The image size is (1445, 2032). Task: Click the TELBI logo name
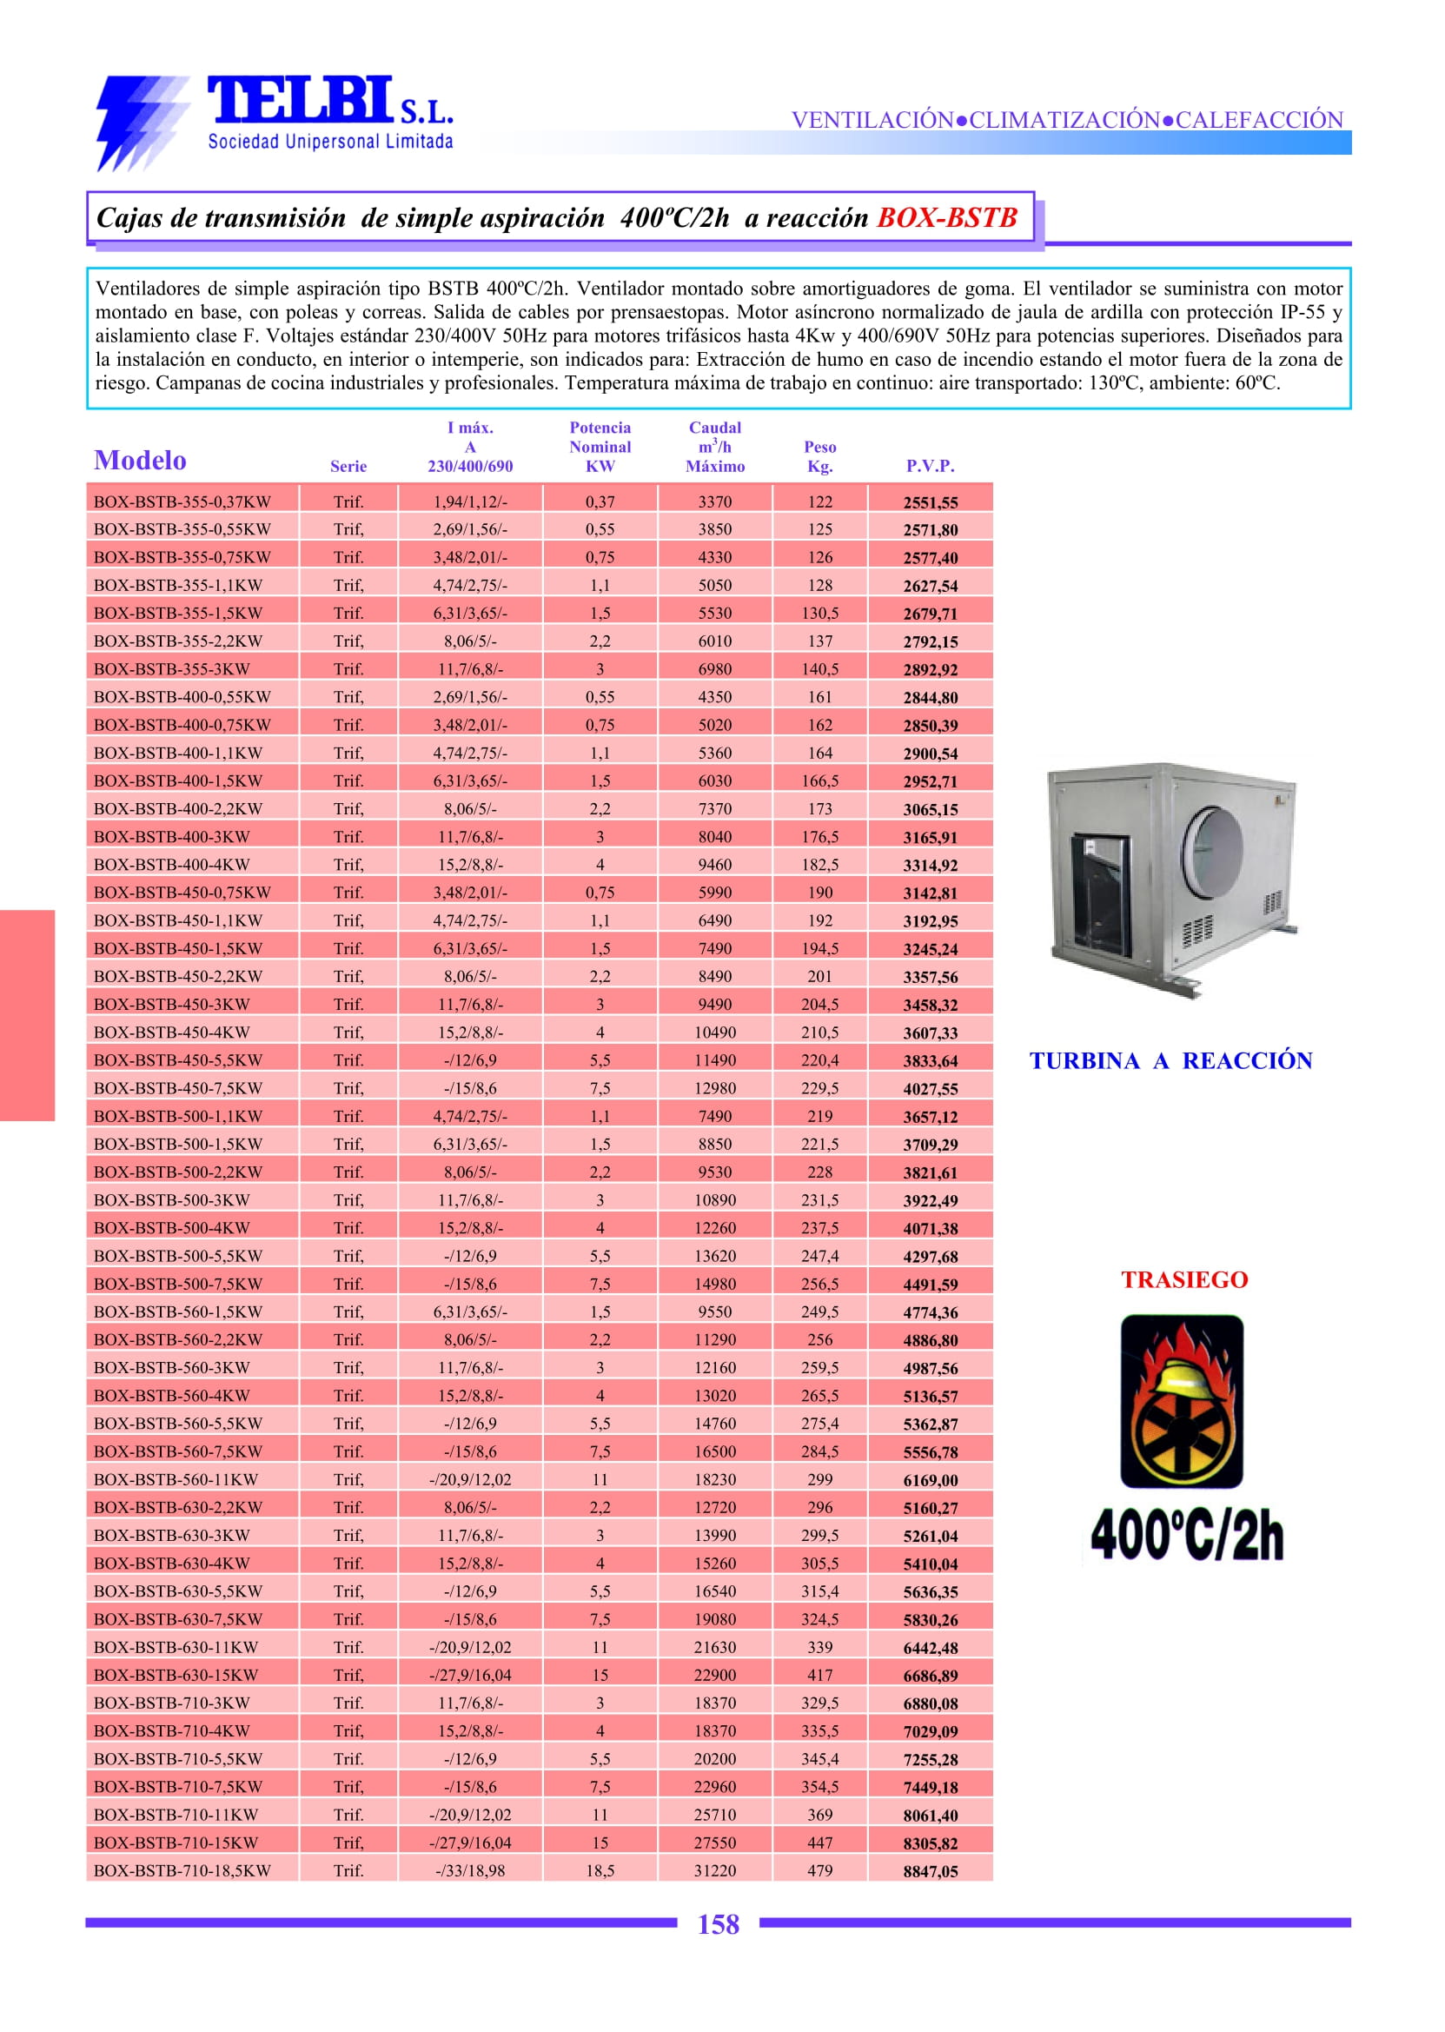coord(298,100)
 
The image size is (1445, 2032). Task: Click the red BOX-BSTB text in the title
coord(947,218)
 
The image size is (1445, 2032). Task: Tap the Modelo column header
coord(141,461)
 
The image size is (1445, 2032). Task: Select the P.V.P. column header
coord(930,466)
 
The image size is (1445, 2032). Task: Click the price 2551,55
coord(930,503)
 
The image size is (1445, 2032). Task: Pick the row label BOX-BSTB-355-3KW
coord(172,669)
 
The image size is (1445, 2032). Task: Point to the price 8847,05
coord(930,1872)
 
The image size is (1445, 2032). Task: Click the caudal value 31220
coord(714,1871)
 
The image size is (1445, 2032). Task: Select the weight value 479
coord(819,1871)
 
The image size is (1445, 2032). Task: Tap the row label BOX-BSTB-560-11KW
coord(176,1479)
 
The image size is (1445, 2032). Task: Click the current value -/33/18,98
coord(470,1871)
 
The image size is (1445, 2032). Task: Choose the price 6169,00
coord(930,1480)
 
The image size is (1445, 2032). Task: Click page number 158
coord(718,1925)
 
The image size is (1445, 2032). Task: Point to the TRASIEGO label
coord(1184,1280)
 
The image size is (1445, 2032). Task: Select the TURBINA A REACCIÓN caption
coord(1171,1061)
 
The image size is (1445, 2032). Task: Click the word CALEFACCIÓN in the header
coord(1259,120)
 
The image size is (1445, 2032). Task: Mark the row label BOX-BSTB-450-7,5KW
coord(178,1087)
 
